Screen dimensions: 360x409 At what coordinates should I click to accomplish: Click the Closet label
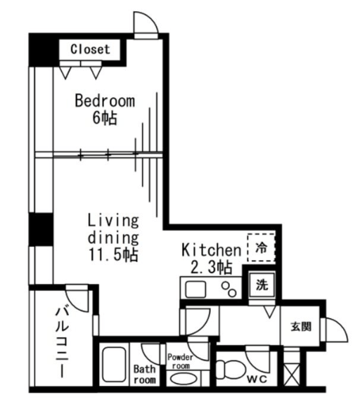(x=90, y=49)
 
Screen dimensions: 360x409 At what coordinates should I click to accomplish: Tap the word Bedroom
(x=105, y=101)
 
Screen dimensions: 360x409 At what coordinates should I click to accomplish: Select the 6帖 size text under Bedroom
(x=105, y=118)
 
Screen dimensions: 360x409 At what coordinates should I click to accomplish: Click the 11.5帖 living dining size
(x=113, y=254)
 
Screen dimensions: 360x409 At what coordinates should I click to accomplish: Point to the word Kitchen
(x=211, y=249)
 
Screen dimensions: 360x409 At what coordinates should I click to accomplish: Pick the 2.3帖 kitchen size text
(x=211, y=267)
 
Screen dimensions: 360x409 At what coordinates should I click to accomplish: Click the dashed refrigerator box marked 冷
(x=261, y=247)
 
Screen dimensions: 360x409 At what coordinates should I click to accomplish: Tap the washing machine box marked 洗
(x=262, y=285)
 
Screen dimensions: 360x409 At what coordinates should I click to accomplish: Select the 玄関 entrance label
(x=301, y=326)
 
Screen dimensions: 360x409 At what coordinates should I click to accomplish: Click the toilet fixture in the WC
(x=231, y=370)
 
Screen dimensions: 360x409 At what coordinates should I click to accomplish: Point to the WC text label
(x=257, y=379)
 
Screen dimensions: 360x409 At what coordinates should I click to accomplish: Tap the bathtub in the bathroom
(x=114, y=365)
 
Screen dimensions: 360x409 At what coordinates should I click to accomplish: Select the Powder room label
(x=181, y=361)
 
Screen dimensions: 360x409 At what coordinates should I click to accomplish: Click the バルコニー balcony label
(x=62, y=342)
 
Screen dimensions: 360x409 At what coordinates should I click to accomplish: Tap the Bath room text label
(x=145, y=375)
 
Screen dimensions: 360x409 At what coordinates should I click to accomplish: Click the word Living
(x=113, y=221)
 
